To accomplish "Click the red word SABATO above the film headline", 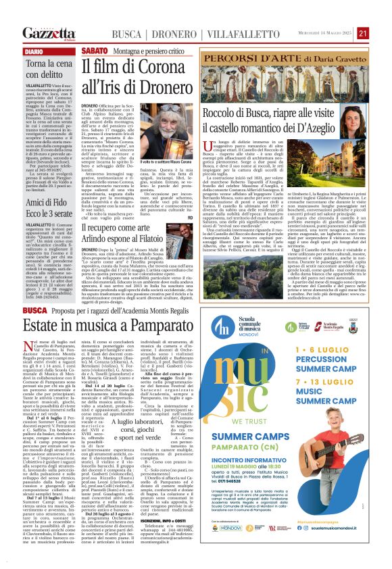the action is pos(93,51).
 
